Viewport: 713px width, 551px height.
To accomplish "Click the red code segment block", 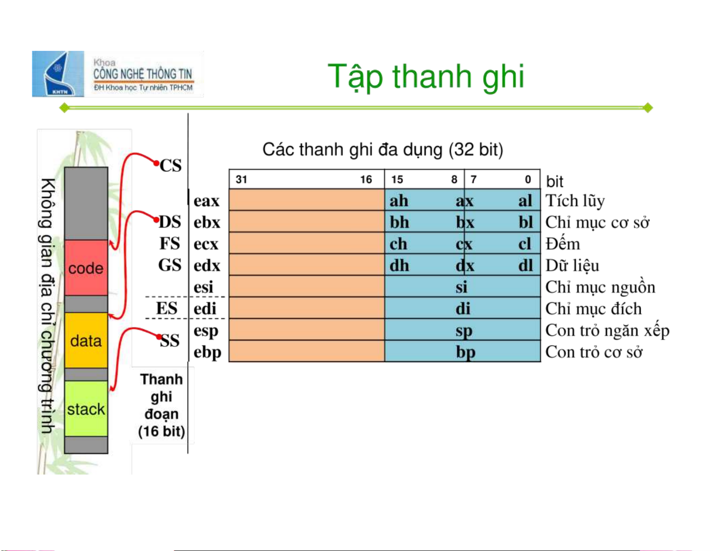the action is coord(86,268).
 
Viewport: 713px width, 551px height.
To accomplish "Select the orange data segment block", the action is coord(86,340).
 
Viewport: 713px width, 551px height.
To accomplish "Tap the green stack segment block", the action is coord(86,408).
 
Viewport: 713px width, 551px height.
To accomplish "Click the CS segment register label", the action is coord(170,166).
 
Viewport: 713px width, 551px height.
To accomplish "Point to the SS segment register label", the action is coord(170,340).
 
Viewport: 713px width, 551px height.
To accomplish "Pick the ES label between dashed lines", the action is coord(167,308).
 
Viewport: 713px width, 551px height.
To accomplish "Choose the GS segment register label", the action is coord(170,265).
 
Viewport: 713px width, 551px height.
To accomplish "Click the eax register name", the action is coord(206,201).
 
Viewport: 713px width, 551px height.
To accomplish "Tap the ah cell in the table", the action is coord(399,201).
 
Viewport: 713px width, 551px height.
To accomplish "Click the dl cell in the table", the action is coord(525,265).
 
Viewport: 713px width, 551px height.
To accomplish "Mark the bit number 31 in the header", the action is coord(241,179).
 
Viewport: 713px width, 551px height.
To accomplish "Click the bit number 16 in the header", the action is coord(366,179).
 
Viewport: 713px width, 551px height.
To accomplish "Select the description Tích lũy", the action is coord(575,201).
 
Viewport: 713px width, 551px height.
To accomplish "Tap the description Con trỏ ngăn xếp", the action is coord(607,331).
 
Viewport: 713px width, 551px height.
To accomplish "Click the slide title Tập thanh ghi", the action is coord(426,77).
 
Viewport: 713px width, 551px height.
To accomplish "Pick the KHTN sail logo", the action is coord(58,74).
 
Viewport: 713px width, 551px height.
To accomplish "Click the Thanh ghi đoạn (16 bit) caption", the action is coord(161,405).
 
